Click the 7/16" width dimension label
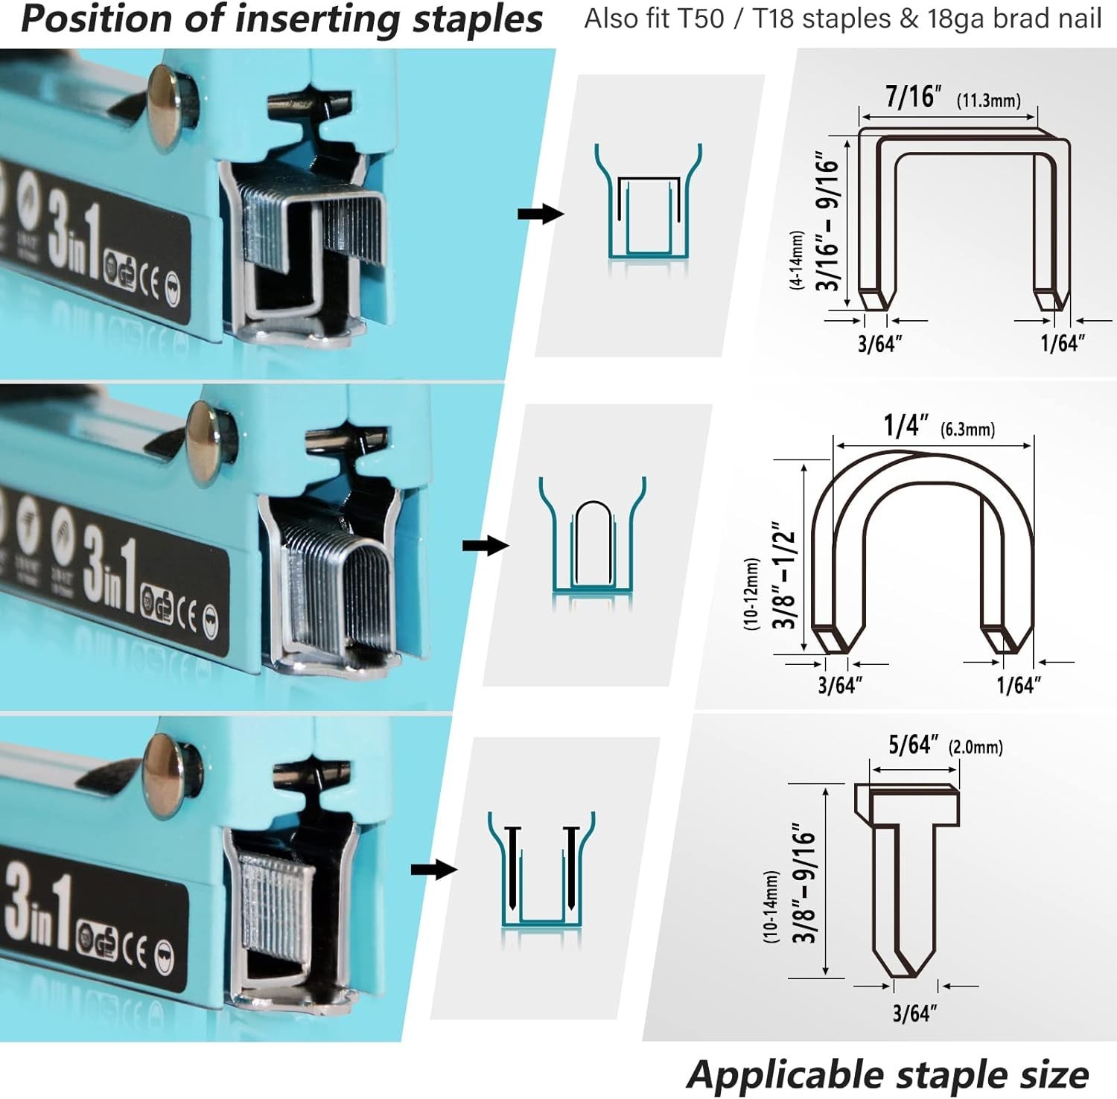pyautogui.click(x=913, y=97)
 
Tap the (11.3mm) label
pyautogui.click(x=988, y=101)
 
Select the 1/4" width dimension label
pyautogui.click(x=906, y=426)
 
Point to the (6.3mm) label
pyautogui.click(x=967, y=430)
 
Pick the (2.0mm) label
pyautogui.click(x=976, y=747)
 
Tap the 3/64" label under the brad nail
pyautogui.click(x=914, y=1013)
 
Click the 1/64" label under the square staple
pyautogui.click(x=1062, y=343)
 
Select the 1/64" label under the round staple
pyautogui.click(x=1018, y=685)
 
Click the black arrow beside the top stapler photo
pyautogui.click(x=541, y=214)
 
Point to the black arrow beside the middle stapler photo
pyautogui.click(x=486, y=546)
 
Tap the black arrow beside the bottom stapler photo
pyautogui.click(x=434, y=870)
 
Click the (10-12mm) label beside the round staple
pyautogui.click(x=751, y=593)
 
